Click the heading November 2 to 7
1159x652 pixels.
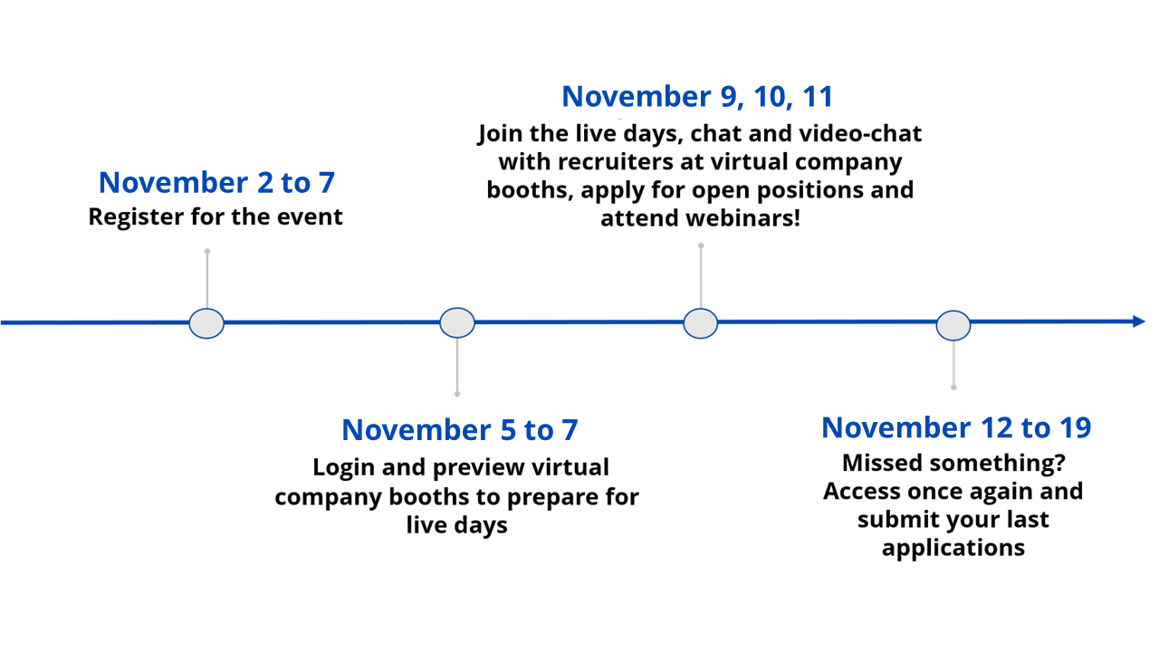pyautogui.click(x=216, y=183)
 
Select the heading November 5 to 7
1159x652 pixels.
pyautogui.click(x=460, y=430)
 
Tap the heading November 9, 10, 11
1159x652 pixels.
pyautogui.click(x=697, y=97)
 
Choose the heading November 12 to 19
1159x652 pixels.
pyautogui.click(x=956, y=428)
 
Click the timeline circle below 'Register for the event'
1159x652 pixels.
pyautogui.click(x=206, y=323)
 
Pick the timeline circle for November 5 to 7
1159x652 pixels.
pyautogui.click(x=457, y=323)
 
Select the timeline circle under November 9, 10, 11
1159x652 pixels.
pyautogui.click(x=701, y=323)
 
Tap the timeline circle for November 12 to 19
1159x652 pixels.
pyautogui.click(x=953, y=325)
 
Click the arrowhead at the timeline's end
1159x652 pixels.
pyautogui.click(x=1139, y=321)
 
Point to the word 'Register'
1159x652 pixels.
pyautogui.click(x=136, y=217)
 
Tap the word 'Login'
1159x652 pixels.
pyautogui.click(x=344, y=468)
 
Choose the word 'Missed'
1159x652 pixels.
pyautogui.click(x=882, y=463)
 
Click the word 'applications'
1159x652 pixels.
pyautogui.click(x=953, y=549)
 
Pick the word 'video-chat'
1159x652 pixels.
pyautogui.click(x=860, y=133)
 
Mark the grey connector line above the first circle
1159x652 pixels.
pyautogui.click(x=207, y=280)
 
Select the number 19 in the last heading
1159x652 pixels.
pyautogui.click(x=1075, y=428)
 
